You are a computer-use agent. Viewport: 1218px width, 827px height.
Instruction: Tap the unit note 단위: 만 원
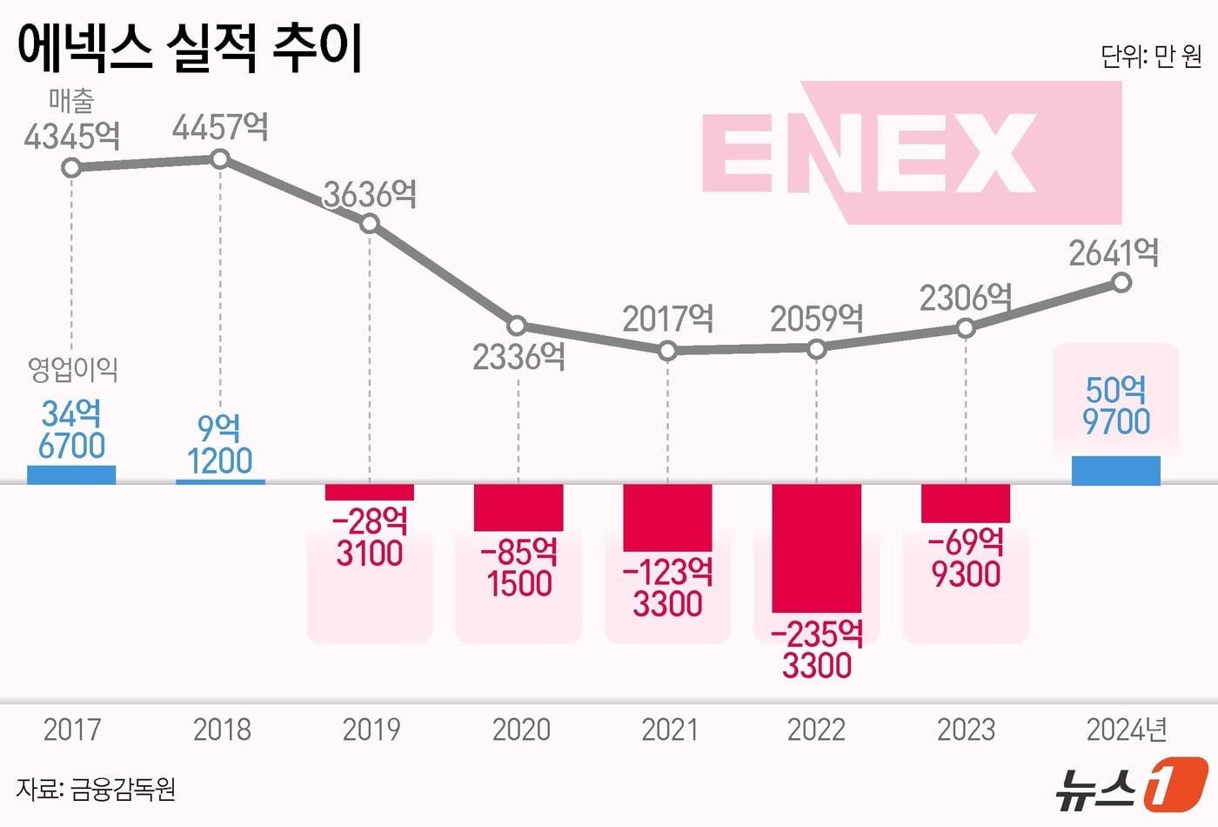[x=1151, y=57]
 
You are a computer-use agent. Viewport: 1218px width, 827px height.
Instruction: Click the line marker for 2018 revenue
[x=220, y=158]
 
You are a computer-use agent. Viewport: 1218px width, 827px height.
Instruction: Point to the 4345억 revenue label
[x=71, y=137]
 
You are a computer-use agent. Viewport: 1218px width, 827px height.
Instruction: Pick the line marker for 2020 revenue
[x=518, y=326]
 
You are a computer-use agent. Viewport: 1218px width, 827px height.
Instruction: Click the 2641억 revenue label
[x=1114, y=253]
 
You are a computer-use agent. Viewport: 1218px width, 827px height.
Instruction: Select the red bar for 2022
[x=816, y=548]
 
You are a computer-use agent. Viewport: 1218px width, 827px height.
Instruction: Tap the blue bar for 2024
[x=1115, y=470]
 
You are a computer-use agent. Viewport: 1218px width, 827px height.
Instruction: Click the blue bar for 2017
[x=71, y=474]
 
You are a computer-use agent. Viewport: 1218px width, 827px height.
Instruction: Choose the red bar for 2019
[x=370, y=492]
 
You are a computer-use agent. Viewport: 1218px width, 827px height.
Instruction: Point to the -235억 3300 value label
[x=816, y=650]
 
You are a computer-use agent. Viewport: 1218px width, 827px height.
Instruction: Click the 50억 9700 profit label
[x=1115, y=406]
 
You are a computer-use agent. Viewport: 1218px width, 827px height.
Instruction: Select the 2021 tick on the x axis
[x=669, y=730]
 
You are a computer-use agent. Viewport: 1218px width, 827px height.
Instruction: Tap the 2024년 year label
[x=1127, y=730]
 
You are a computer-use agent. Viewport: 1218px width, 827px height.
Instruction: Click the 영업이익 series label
[x=73, y=369]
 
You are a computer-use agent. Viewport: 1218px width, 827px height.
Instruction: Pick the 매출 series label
[x=71, y=101]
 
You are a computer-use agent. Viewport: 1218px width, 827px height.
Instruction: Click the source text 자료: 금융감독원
[x=96, y=790]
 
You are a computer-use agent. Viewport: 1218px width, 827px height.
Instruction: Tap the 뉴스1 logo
[x=1131, y=786]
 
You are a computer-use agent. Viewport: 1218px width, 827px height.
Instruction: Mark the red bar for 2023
[x=966, y=503]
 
